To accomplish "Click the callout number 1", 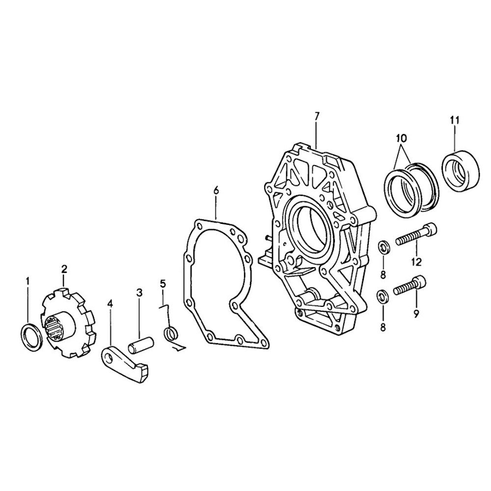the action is (27, 281).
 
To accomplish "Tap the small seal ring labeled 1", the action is (31, 338).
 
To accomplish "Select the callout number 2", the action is (64, 269).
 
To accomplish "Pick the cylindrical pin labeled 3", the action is (141, 345).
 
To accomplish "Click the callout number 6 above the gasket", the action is (216, 191).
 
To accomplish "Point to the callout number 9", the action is (416, 313).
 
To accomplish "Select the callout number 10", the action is (401, 137).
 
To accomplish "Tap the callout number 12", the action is (416, 262).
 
